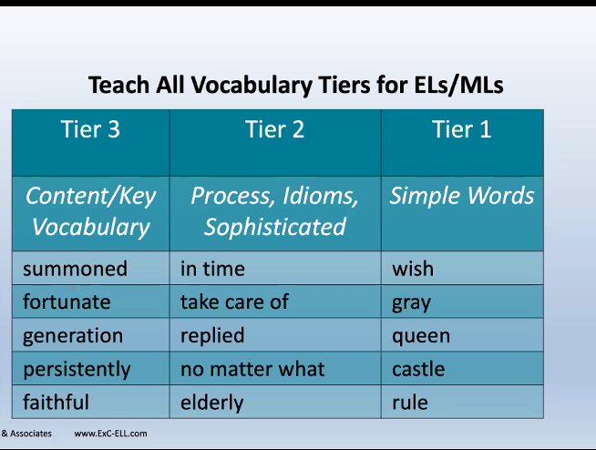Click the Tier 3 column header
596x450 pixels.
click(x=89, y=129)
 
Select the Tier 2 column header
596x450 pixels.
click(x=274, y=129)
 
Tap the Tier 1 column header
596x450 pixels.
click(x=461, y=129)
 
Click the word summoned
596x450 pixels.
click(x=75, y=269)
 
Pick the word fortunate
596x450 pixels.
click(x=67, y=302)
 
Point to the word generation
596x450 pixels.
click(x=73, y=335)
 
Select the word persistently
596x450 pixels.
click(x=77, y=369)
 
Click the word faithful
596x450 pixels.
click(x=57, y=402)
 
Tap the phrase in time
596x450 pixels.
click(x=212, y=269)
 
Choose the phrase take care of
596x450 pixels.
click(x=234, y=302)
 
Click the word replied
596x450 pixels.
click(x=212, y=335)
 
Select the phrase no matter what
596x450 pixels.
click(x=252, y=369)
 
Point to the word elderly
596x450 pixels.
click(x=212, y=402)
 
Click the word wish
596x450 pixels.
click(x=413, y=269)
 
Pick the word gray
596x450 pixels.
click(x=411, y=302)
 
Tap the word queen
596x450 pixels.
click(x=421, y=335)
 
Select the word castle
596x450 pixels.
click(x=418, y=369)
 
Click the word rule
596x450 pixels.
click(x=410, y=402)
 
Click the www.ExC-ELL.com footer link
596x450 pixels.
click(x=110, y=434)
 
